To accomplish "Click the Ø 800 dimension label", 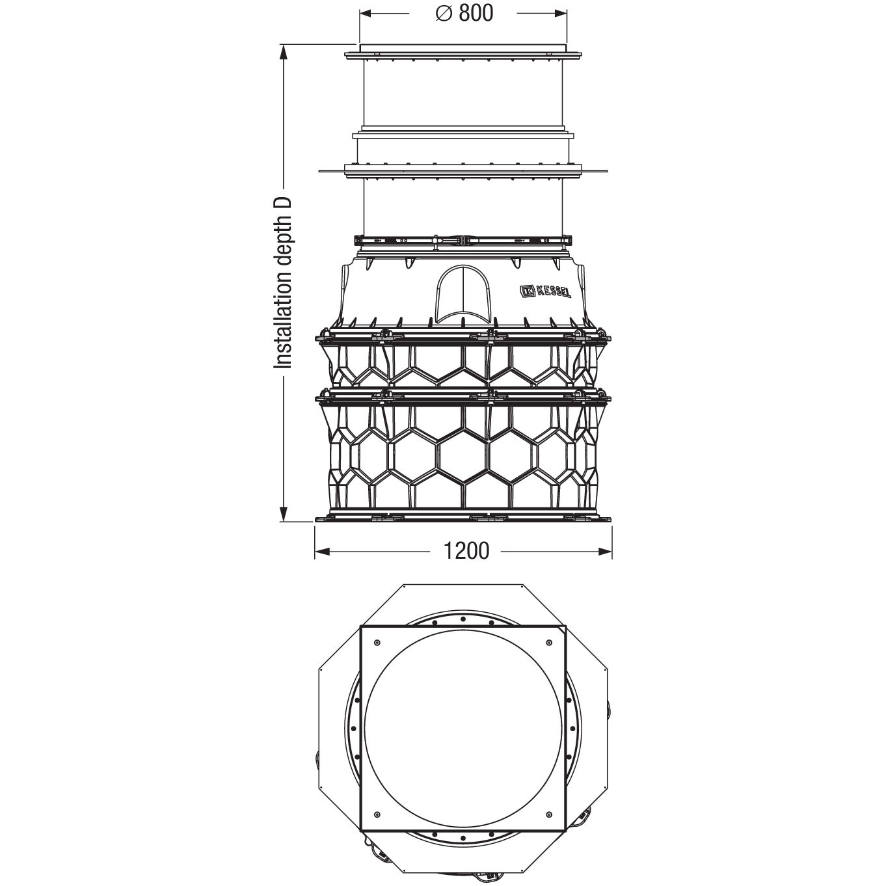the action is coord(464,13).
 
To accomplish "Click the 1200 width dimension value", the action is coord(466,551).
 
